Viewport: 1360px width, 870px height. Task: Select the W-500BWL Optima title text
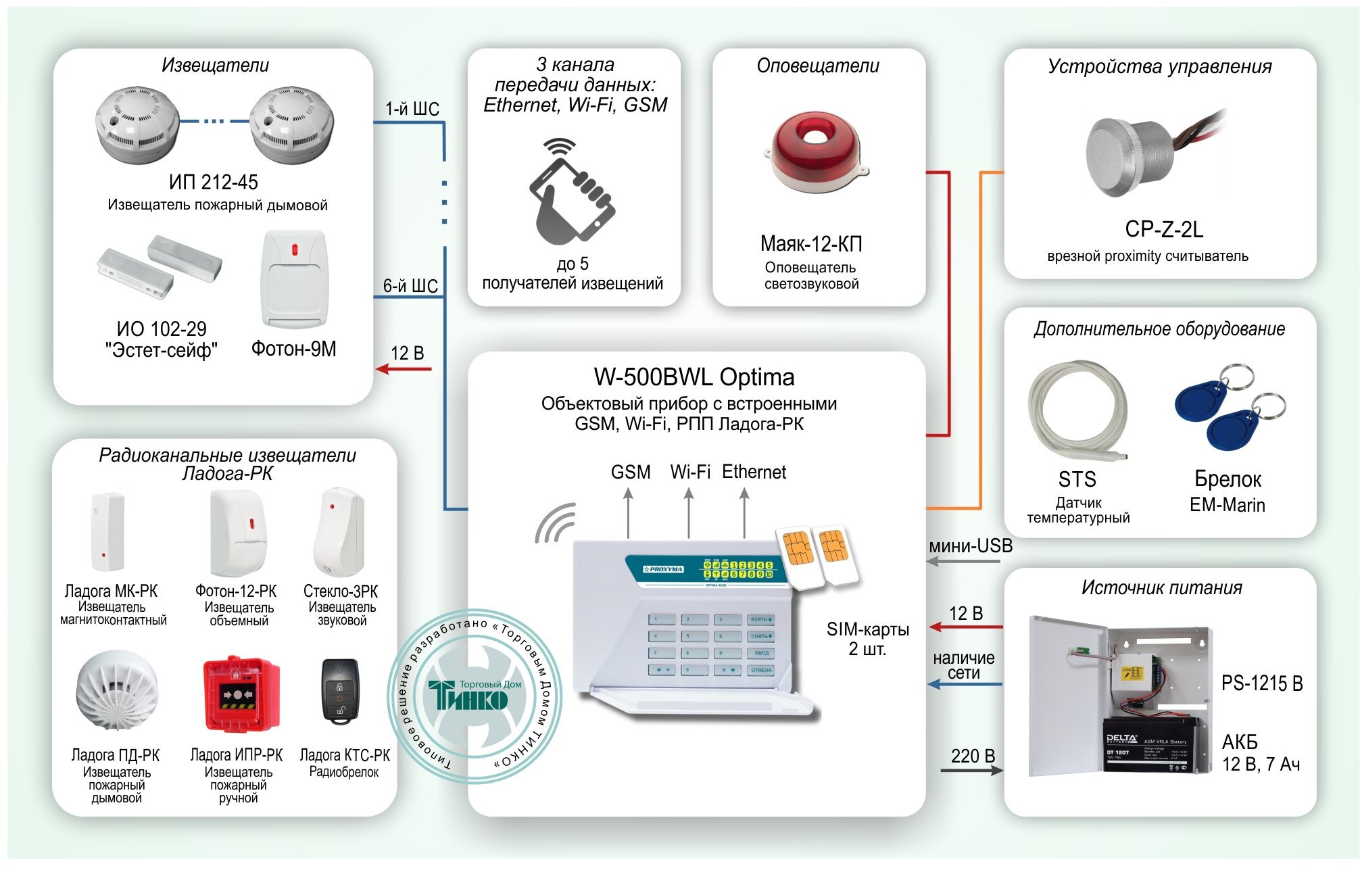(x=694, y=377)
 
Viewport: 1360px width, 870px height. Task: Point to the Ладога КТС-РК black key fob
(x=339, y=692)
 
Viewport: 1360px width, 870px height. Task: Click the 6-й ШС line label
(x=410, y=286)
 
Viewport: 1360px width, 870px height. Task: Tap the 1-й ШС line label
(x=412, y=109)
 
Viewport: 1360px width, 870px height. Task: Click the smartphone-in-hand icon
(x=571, y=193)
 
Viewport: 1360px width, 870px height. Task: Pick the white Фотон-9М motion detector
(x=293, y=280)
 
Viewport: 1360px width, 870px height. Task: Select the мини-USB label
(x=970, y=546)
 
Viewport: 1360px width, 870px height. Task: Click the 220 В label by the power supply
(x=972, y=755)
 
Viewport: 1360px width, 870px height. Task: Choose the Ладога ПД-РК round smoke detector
(x=117, y=690)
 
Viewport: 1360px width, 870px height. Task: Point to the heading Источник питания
(x=1161, y=587)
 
